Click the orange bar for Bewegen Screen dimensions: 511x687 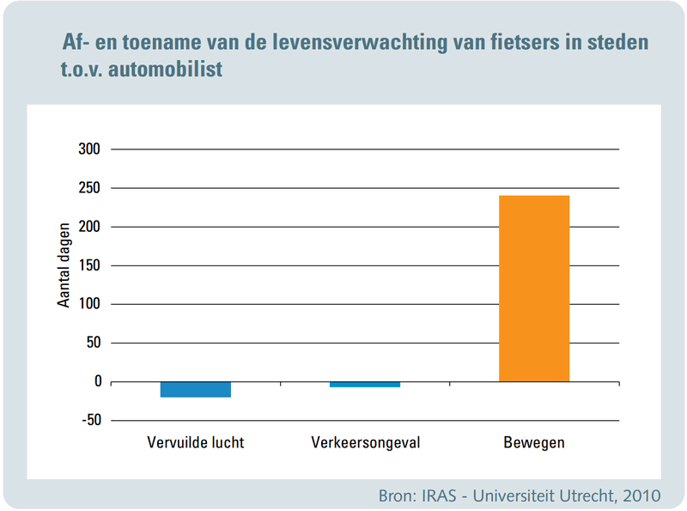(534, 289)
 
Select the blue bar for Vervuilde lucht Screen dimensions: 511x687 (196, 389)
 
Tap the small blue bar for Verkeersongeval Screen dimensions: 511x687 (365, 384)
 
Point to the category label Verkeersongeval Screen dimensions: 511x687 (364, 443)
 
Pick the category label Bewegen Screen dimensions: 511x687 (533, 443)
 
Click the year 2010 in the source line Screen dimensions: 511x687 (638, 496)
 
